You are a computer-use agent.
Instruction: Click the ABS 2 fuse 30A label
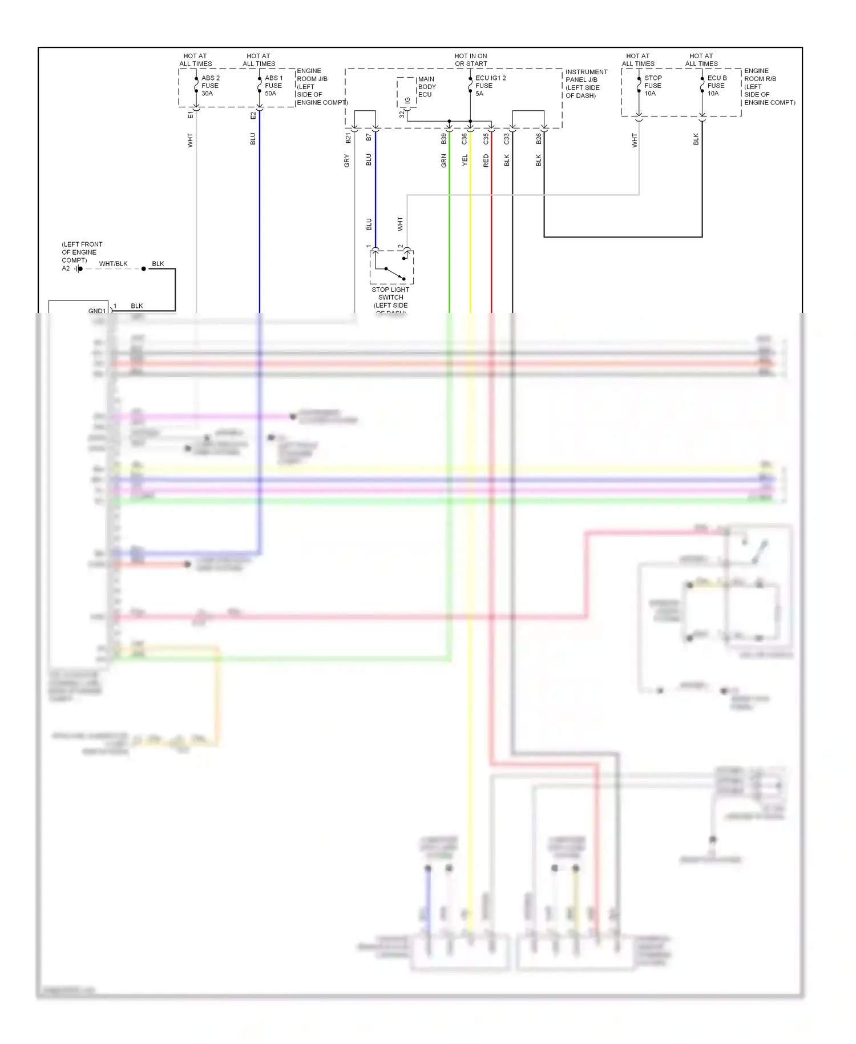[x=210, y=86]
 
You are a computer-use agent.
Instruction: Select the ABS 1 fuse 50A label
[x=273, y=86]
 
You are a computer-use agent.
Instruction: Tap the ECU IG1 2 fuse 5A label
[x=490, y=86]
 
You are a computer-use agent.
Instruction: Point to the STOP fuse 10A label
[x=653, y=86]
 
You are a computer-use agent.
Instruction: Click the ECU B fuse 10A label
[x=716, y=86]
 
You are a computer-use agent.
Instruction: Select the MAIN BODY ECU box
[x=407, y=92]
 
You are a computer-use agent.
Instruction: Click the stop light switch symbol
[x=391, y=267]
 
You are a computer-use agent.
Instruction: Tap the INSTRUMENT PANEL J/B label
[x=586, y=83]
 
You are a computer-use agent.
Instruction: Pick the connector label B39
[x=444, y=138]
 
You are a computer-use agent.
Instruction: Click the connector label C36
[x=465, y=138]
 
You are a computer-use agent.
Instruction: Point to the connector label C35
[x=486, y=138]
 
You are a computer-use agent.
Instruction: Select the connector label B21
[x=348, y=138]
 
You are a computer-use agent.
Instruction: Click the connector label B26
[x=538, y=138]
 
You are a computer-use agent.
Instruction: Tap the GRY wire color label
[x=346, y=161]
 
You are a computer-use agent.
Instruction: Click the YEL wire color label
[x=465, y=160]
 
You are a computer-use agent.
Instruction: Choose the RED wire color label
[x=486, y=161]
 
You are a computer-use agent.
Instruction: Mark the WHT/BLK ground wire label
[x=113, y=264]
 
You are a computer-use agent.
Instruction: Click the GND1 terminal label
[x=96, y=311]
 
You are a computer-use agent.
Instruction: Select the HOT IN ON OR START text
[x=470, y=60]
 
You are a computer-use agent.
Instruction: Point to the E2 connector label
[x=253, y=115]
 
